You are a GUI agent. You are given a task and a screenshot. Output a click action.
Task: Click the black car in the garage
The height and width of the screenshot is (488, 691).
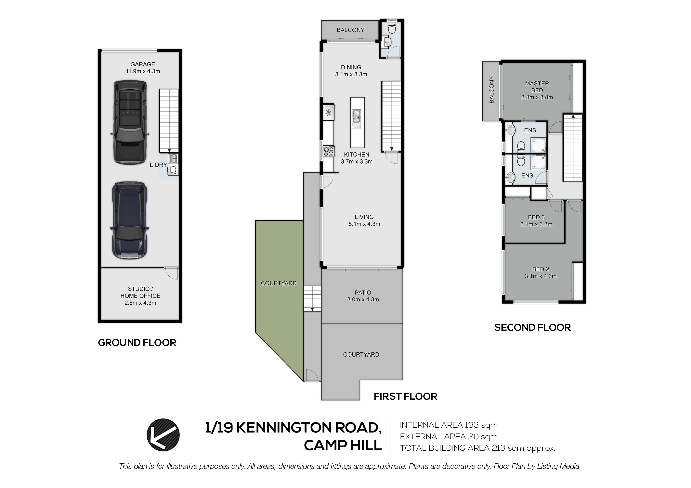pos(130,122)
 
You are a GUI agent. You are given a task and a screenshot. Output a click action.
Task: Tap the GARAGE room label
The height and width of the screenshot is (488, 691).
pos(143,64)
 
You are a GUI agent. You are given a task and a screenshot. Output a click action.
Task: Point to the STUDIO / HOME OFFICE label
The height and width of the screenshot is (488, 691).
pos(140,292)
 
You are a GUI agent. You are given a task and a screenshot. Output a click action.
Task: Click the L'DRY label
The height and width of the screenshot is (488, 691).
pos(158,165)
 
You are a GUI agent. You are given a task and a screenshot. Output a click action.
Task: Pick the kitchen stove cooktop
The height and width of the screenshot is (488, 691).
pos(329,151)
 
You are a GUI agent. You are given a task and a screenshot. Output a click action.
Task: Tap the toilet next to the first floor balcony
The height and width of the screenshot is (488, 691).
pos(392,28)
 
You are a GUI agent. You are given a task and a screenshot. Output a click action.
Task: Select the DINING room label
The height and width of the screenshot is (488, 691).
pos(351,67)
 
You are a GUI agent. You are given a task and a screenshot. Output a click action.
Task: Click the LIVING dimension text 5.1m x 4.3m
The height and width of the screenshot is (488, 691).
pos(364,224)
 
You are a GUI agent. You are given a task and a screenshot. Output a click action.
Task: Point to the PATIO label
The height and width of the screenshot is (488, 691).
pos(363,293)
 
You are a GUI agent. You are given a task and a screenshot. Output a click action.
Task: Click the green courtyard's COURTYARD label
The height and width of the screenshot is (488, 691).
pos(279,283)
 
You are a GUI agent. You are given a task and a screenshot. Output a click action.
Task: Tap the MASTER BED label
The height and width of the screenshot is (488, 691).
pos(537,87)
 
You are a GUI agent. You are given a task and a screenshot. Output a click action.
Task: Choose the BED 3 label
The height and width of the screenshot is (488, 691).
pos(536,217)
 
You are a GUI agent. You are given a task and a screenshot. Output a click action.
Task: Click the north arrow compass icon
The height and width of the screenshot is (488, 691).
pos(163,435)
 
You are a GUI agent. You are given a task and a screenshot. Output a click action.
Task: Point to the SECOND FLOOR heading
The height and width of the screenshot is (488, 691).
pos(532,327)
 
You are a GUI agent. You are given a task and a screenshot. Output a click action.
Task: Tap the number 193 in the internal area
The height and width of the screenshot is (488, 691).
pos(472,425)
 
